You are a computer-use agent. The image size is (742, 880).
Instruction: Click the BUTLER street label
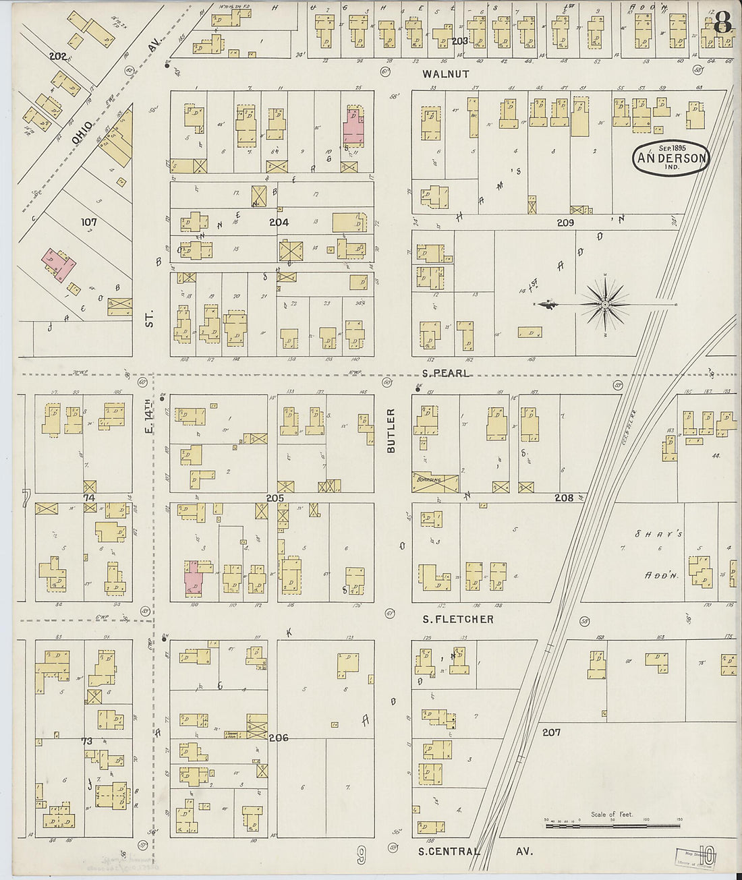point(391,430)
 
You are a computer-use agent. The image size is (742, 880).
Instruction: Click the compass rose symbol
point(605,305)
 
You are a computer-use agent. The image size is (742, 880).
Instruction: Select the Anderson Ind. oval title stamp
point(671,158)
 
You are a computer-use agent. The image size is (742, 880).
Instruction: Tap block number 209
point(565,222)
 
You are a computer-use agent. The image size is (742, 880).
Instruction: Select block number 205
point(275,498)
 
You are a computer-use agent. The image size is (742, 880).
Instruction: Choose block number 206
point(278,738)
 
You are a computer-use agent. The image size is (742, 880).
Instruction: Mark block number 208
point(564,498)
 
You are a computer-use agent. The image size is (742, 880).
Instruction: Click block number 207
point(550,732)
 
